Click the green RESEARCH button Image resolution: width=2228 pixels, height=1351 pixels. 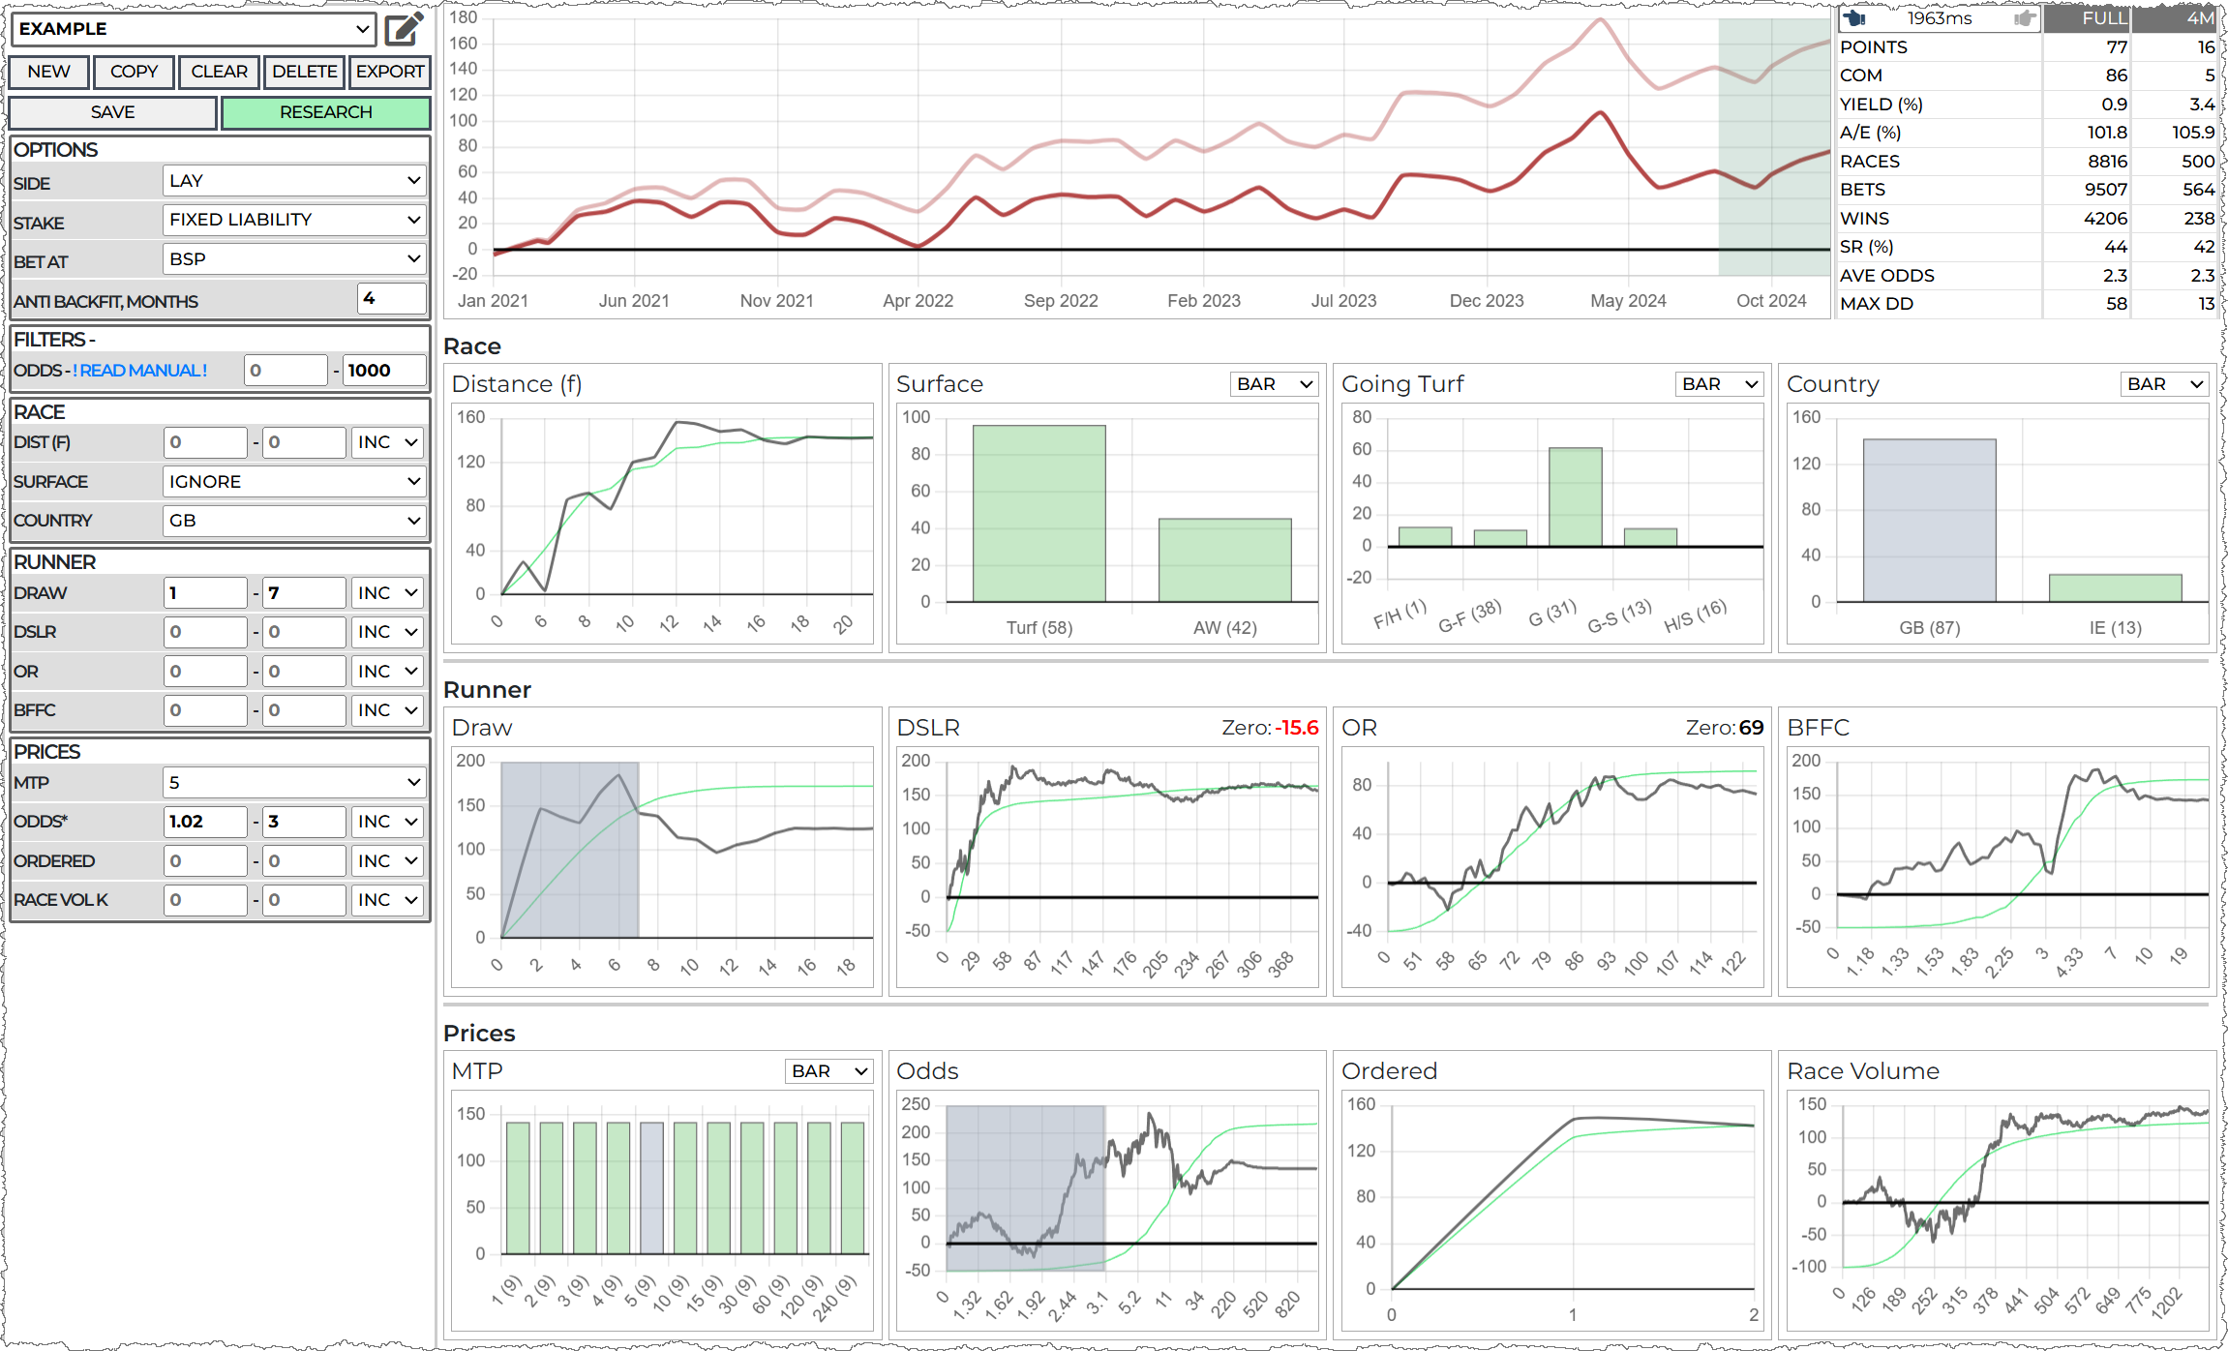[x=325, y=112]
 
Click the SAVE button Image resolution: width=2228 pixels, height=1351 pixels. [x=112, y=112]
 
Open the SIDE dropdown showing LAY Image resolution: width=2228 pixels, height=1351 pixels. [x=294, y=181]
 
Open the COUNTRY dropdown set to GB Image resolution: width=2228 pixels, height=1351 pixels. [x=294, y=521]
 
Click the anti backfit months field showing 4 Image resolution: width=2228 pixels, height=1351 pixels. [x=391, y=299]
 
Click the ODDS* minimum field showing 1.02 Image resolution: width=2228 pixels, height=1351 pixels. [x=205, y=822]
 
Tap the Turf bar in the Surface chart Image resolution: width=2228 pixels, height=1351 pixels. [x=1039, y=513]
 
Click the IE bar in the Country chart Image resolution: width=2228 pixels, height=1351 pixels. [x=2115, y=587]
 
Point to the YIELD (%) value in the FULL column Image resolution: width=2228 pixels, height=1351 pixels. [x=2114, y=105]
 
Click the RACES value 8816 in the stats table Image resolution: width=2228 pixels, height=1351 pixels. [x=2107, y=162]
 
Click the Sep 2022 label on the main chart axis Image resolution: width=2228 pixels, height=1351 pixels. [x=1061, y=301]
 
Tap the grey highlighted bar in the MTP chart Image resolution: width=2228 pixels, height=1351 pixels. [x=651, y=1187]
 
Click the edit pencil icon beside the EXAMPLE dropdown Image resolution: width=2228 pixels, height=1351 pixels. [x=404, y=29]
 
